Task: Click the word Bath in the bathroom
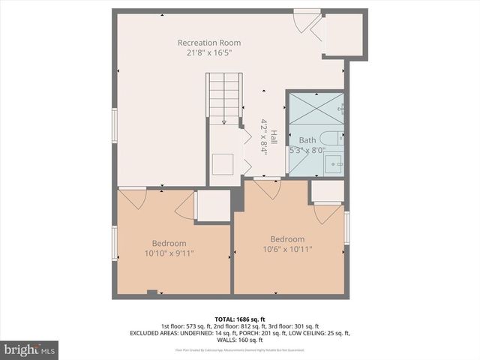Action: pyautogui.click(x=307, y=140)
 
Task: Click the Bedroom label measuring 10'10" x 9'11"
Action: pyautogui.click(x=169, y=243)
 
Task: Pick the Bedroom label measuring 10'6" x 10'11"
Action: pyautogui.click(x=287, y=239)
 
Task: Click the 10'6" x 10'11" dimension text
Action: pyautogui.click(x=287, y=250)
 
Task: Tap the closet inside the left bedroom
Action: pyautogui.click(x=213, y=205)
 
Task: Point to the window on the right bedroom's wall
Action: pyautogui.click(x=347, y=228)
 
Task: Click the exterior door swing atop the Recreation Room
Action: pyautogui.click(x=307, y=21)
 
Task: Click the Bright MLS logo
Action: pyautogui.click(x=29, y=349)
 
